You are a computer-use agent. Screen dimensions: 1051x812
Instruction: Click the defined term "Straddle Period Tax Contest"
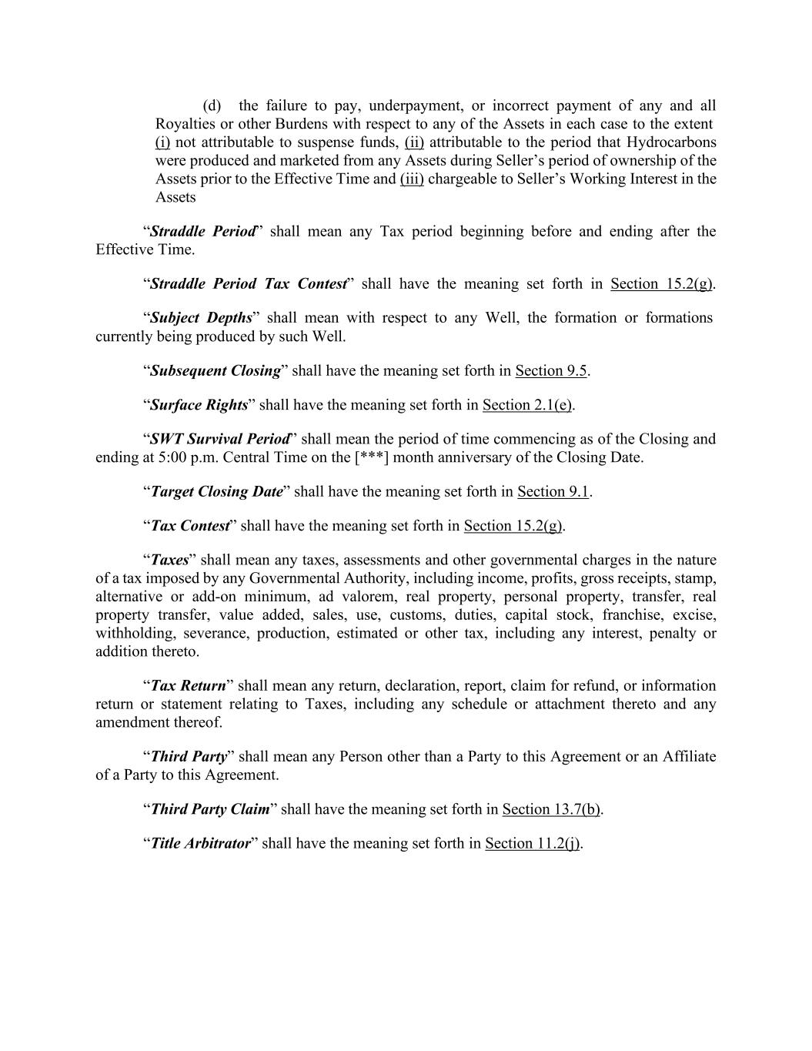[x=249, y=284]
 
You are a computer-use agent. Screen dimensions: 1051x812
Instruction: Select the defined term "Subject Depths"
[x=201, y=318]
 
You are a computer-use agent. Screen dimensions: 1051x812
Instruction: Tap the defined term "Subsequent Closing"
[x=216, y=371]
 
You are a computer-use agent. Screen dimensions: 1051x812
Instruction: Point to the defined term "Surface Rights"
[x=199, y=405]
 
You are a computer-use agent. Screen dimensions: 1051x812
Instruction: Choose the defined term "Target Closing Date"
[x=216, y=492]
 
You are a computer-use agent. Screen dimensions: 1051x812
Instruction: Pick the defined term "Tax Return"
[x=188, y=686]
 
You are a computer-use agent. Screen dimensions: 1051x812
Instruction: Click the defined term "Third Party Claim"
[x=209, y=809]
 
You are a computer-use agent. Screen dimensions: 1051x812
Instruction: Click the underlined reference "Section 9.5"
[x=551, y=371]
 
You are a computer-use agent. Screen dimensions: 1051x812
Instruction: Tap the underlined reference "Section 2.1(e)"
[x=526, y=405]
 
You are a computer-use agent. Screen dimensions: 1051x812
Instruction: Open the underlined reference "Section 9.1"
[x=553, y=492]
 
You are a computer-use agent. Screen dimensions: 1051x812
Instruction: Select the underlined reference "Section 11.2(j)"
[x=533, y=844]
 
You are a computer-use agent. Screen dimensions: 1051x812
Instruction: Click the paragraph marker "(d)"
[x=212, y=105]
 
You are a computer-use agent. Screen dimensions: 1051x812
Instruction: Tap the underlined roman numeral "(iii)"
[x=412, y=179]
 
